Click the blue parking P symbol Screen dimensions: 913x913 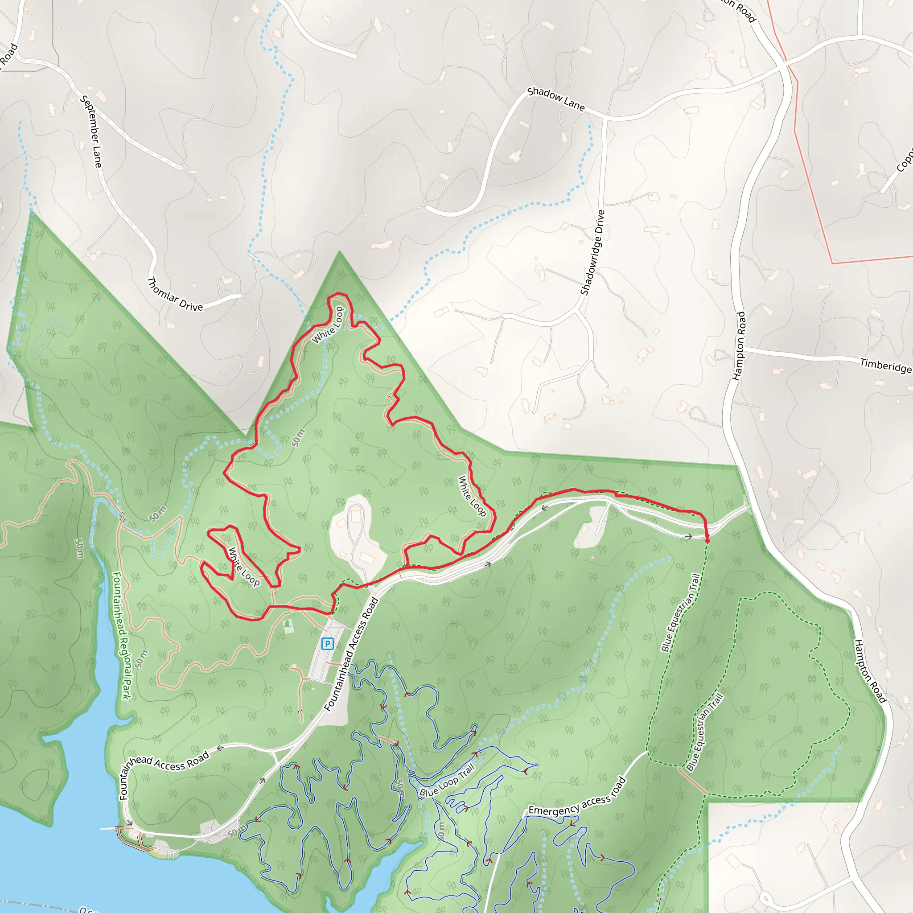pyautogui.click(x=327, y=643)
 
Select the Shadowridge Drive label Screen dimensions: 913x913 pyautogui.click(x=592, y=252)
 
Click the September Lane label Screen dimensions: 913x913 pyautogui.click(x=91, y=132)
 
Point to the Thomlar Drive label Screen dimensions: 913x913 pyautogui.click(x=175, y=295)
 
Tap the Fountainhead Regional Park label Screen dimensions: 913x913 pyautogui.click(x=121, y=636)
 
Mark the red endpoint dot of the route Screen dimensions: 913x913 pyautogui.click(x=707, y=540)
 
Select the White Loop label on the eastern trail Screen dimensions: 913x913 pyautogui.click(x=472, y=496)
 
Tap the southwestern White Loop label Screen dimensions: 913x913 pyautogui.click(x=244, y=567)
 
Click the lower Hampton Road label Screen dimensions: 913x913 pyautogui.click(x=869, y=671)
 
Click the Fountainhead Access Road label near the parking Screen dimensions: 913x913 pyautogui.click(x=352, y=654)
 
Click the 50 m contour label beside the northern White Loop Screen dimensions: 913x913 pyautogui.click(x=298, y=438)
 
